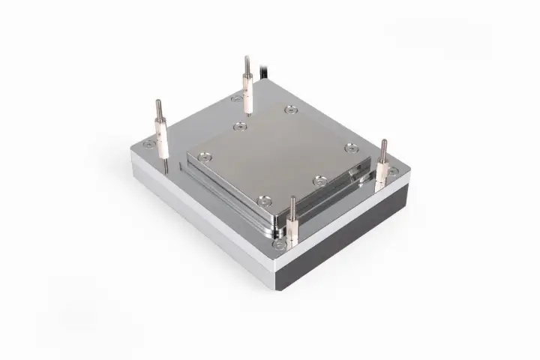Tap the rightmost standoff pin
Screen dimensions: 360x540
coord(383,162)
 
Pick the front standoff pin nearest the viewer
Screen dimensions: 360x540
coord(292,221)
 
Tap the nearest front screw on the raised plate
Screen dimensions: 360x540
coord(263,199)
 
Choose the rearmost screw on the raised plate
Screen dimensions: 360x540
coord(291,110)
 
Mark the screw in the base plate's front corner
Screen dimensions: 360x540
coord(280,244)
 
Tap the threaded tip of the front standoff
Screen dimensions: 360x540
coord(292,202)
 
